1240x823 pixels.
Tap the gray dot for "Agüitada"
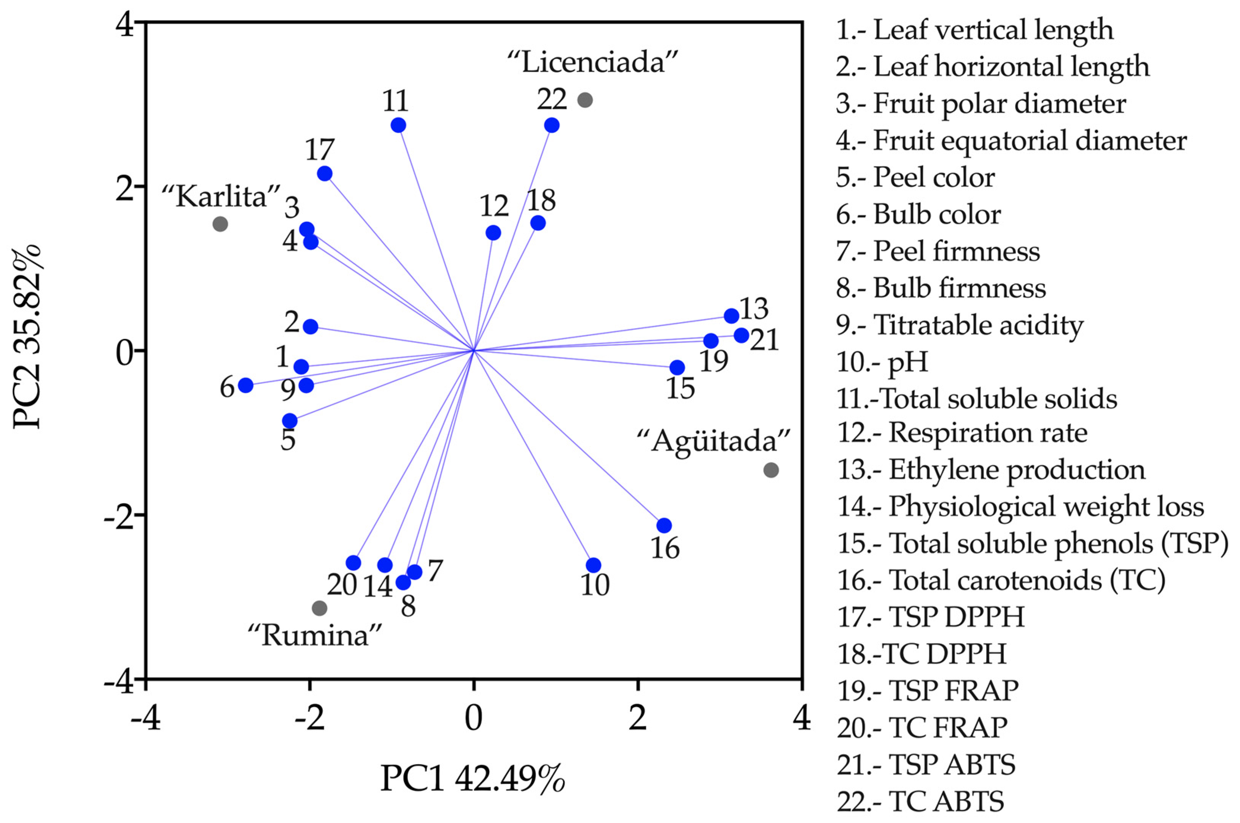click(x=770, y=470)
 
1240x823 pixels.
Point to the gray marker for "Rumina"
click(x=319, y=609)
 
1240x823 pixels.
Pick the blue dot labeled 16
click(x=664, y=525)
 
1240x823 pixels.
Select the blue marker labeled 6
click(x=245, y=385)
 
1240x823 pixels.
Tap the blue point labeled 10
click(x=593, y=565)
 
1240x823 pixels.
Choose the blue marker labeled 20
click(x=353, y=563)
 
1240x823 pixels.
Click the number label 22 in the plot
click(x=552, y=99)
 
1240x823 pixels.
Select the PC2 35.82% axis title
click(x=27, y=336)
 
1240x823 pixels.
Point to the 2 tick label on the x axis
click(x=637, y=718)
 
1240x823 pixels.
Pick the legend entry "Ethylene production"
click(x=990, y=469)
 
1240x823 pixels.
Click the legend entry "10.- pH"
click(x=882, y=362)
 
